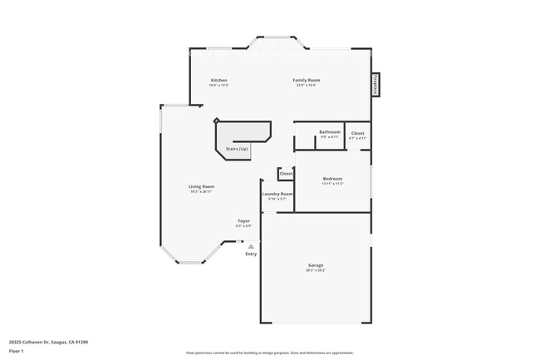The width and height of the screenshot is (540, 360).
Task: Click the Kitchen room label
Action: point(218,81)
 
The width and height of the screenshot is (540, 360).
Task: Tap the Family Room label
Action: point(307,81)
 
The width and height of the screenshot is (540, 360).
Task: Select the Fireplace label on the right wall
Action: point(376,84)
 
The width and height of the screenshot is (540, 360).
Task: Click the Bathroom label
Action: point(330,131)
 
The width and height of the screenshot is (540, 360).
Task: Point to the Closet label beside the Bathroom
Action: point(357,133)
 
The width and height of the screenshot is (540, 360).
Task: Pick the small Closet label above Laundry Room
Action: point(286,174)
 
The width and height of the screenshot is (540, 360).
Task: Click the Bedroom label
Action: point(332,179)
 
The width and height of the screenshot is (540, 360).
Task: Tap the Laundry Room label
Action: point(277,194)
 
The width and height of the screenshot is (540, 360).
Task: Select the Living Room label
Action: point(201,186)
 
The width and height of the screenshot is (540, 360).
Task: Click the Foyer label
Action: point(243,221)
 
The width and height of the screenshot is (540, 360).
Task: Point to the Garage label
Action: point(316,265)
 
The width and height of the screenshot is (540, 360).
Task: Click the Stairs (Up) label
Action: point(238,149)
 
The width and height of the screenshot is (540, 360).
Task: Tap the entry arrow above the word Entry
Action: point(251,246)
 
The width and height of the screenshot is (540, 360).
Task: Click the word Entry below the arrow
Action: point(251,254)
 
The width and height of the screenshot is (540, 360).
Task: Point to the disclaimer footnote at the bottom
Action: point(270,353)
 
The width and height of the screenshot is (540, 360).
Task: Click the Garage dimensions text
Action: point(316,270)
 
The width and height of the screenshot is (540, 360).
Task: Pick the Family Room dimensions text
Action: point(307,86)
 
